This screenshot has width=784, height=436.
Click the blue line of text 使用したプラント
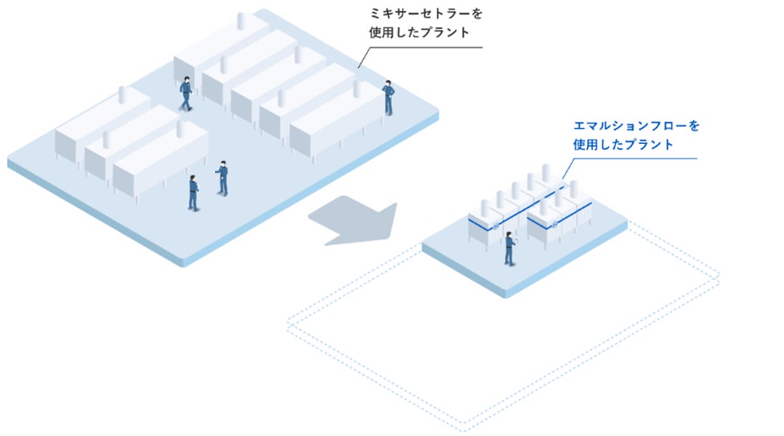click(x=623, y=145)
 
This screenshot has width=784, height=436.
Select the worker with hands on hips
click(x=389, y=97)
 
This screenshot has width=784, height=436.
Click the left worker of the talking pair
click(x=193, y=193)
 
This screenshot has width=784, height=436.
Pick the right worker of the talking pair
click(x=222, y=177)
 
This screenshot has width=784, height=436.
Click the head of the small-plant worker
click(x=509, y=234)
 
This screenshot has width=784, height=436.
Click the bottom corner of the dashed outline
click(x=465, y=424)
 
